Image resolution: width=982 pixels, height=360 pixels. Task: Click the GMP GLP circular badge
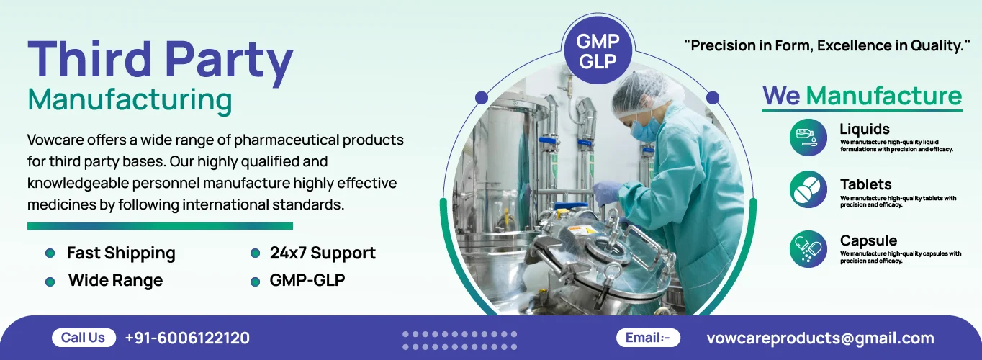598,51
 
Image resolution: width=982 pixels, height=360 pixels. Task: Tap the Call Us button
84,338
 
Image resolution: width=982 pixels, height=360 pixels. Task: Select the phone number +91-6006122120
187,338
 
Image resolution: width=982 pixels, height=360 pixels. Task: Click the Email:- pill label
648,338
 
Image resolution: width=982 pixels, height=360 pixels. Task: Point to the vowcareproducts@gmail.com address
820,338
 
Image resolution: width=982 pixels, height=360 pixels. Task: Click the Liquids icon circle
808,138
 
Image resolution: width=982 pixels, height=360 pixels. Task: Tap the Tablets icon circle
808,189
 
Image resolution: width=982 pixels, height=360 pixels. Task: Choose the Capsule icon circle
808,248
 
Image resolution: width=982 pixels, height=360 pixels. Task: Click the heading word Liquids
865,130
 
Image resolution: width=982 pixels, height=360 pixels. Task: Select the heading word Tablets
866,184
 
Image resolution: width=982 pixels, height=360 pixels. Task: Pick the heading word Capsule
868,240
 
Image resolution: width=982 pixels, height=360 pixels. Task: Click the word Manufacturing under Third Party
130,100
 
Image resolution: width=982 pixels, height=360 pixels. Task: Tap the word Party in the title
229,61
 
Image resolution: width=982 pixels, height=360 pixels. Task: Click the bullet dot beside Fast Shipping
50,253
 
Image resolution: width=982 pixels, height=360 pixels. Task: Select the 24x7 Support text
323,253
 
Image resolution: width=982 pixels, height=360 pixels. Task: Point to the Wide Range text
115,281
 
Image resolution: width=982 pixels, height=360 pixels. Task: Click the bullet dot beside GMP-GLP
255,282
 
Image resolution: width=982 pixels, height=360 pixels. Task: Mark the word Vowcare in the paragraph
55,140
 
